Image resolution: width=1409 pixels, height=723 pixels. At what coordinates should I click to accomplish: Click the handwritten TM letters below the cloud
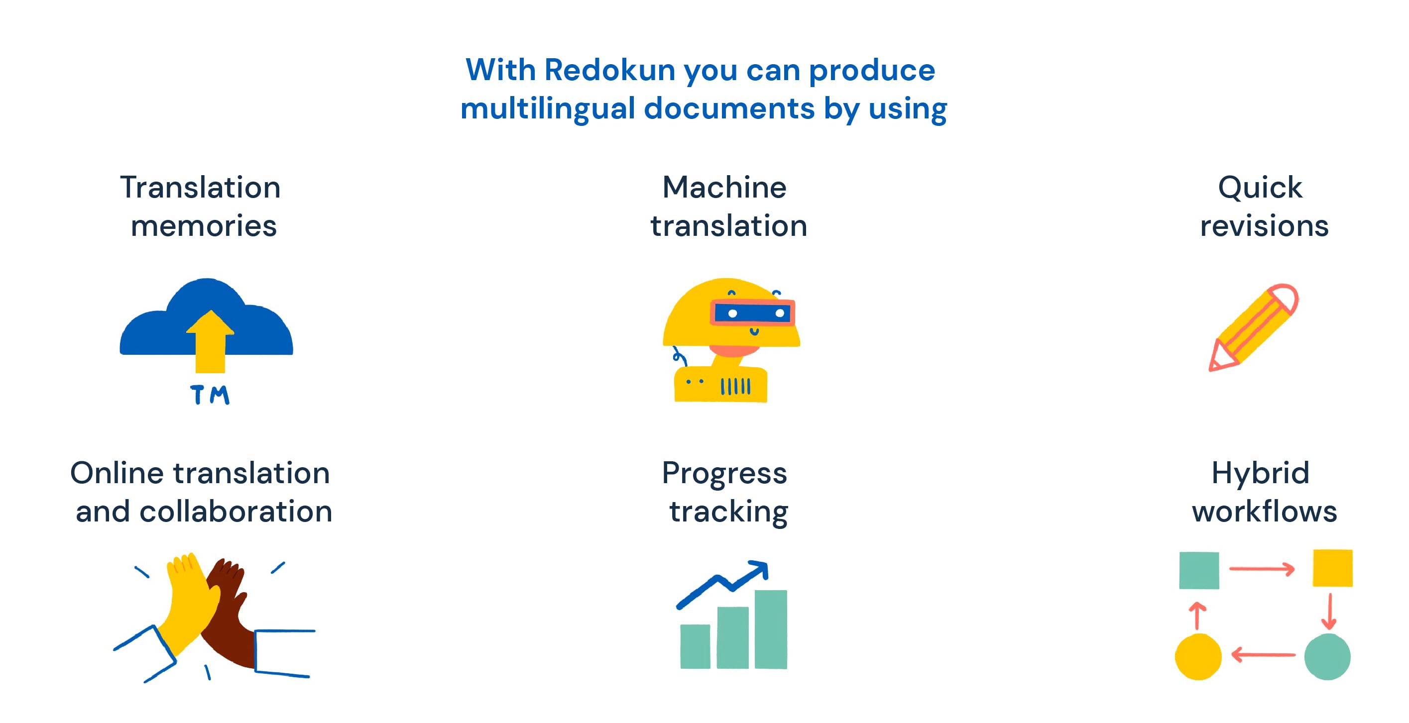click(210, 395)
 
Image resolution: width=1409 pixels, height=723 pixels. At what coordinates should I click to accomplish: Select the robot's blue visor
click(753, 313)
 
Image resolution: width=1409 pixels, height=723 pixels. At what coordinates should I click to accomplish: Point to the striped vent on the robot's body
click(736, 386)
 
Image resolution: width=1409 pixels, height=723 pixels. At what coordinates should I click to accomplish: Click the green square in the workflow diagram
click(1199, 570)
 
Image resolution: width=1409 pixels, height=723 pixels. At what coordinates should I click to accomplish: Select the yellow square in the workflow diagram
click(1332, 568)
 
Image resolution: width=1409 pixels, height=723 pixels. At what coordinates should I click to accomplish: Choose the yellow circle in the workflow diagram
click(1198, 656)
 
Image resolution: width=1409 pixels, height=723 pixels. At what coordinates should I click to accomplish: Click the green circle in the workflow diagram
click(1327, 656)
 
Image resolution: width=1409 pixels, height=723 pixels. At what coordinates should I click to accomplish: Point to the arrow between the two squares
click(1262, 569)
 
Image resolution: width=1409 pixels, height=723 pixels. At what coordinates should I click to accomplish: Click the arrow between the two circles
click(1263, 654)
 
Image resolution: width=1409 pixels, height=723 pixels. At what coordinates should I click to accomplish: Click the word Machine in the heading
click(724, 188)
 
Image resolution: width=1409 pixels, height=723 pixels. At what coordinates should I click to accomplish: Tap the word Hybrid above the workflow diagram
click(1260, 473)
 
